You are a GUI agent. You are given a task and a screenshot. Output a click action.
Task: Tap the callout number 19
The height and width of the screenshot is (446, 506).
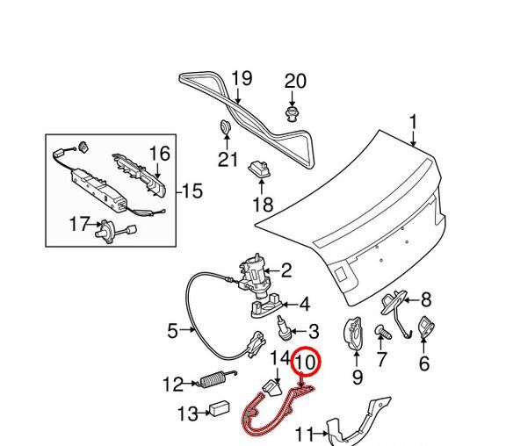(242, 79)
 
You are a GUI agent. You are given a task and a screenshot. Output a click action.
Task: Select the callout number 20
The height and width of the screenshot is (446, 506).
(295, 82)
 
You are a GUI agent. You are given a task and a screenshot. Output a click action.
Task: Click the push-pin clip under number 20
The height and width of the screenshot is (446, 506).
(292, 114)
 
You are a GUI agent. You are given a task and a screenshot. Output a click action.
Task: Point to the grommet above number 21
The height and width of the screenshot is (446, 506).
(225, 126)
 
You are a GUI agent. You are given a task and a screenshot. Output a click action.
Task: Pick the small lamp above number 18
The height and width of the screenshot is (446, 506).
(259, 169)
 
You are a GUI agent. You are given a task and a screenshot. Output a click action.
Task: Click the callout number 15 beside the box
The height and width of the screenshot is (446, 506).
(192, 191)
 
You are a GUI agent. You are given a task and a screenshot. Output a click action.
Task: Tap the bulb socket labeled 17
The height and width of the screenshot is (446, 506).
(115, 231)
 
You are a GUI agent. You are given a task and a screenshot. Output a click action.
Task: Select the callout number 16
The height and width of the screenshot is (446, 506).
(160, 154)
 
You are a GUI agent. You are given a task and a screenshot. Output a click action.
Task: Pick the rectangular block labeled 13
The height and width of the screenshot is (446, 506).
(220, 408)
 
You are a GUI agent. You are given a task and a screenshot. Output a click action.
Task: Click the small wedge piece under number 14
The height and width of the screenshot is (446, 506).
(271, 387)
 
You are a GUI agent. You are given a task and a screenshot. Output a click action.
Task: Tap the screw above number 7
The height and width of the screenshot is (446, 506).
(383, 332)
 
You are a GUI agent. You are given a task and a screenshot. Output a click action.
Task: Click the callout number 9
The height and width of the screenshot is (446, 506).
(357, 377)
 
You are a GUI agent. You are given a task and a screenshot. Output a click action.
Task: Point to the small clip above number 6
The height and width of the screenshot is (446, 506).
(427, 328)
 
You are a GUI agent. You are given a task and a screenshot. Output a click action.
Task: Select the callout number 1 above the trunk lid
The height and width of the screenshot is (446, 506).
(413, 123)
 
